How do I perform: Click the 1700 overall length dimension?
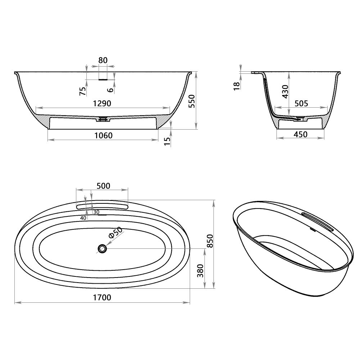[102, 297]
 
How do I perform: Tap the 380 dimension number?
[201, 270]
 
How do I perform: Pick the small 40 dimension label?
[83, 218]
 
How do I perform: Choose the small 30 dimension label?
[96, 212]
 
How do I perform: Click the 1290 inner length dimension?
[103, 103]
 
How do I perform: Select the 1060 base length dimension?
[103, 135]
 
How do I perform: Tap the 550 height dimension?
[191, 101]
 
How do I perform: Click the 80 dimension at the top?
[103, 60]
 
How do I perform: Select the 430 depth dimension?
[285, 92]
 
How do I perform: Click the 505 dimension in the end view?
[301, 104]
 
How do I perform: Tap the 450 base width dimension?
[300, 134]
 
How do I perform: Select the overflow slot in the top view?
[102, 206]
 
